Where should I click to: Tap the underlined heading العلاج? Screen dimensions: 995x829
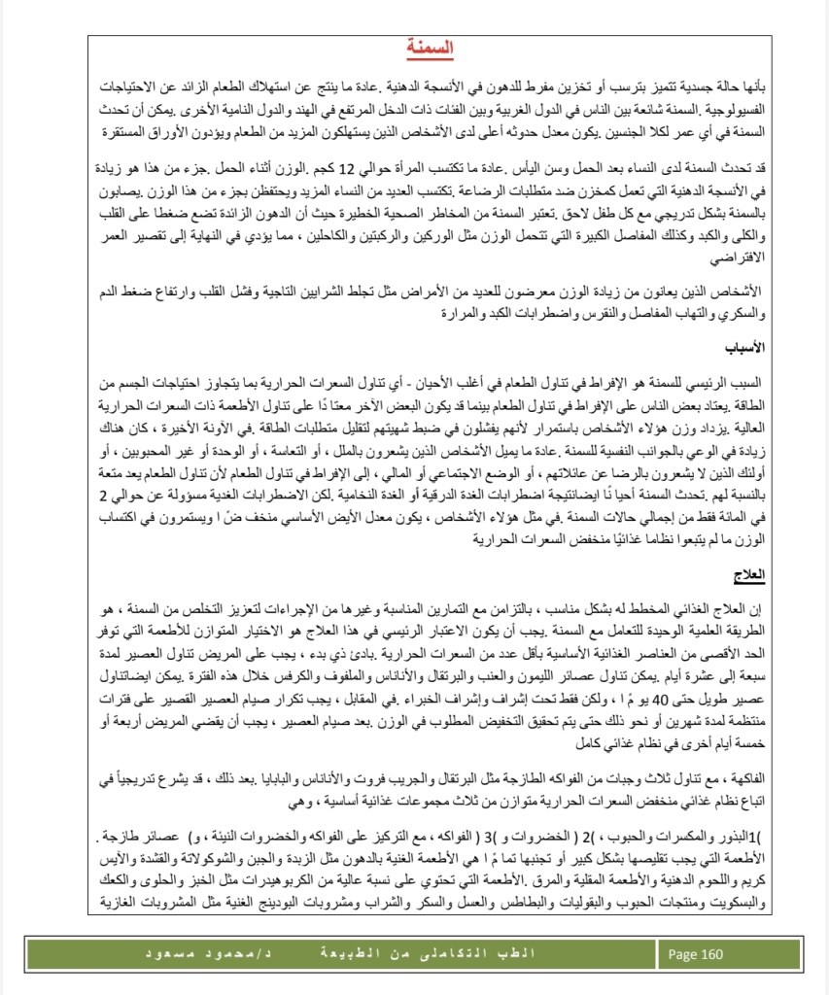[749, 575]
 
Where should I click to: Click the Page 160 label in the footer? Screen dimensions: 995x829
[698, 954]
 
